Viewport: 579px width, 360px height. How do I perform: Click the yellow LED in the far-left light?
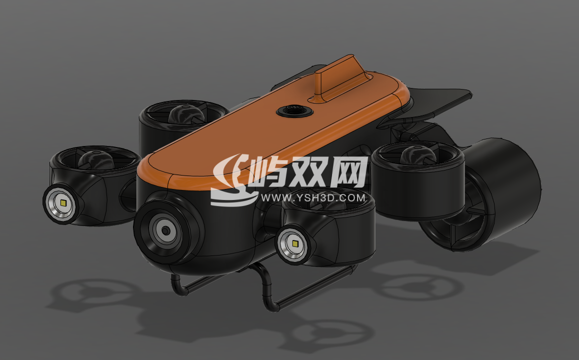click(x=63, y=203)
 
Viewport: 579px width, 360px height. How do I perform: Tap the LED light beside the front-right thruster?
click(x=295, y=244)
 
